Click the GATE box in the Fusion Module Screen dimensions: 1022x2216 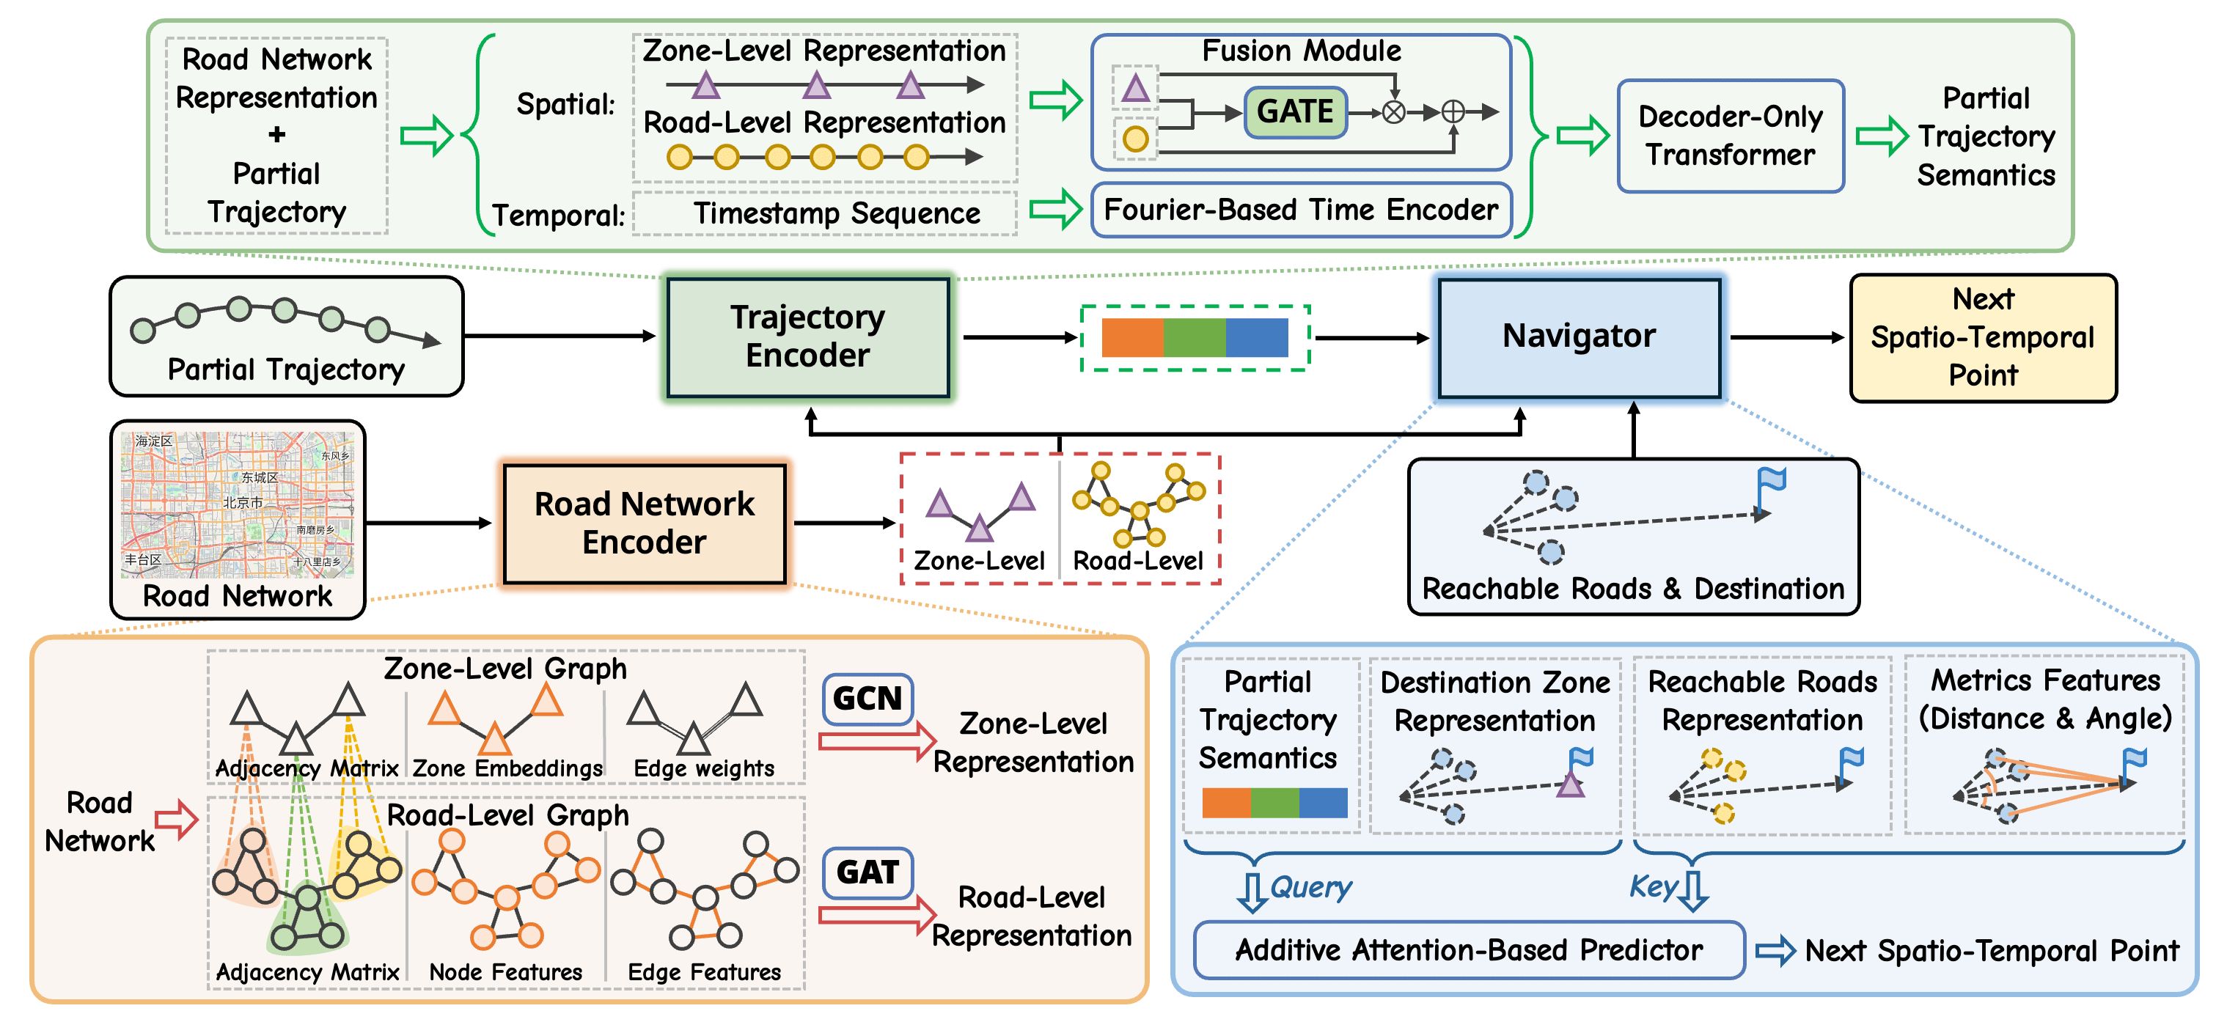point(1295,112)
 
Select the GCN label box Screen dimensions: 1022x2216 point(867,699)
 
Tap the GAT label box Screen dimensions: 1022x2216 point(867,872)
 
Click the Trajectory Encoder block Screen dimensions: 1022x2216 point(808,337)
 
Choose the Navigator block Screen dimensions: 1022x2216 point(1579,337)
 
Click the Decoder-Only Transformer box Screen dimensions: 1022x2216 point(1730,136)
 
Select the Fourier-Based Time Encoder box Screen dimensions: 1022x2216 point(1301,210)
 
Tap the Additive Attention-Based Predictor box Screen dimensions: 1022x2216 point(1469,949)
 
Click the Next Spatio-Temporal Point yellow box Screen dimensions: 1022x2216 point(1983,337)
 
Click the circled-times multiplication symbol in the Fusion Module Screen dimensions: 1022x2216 point(1393,112)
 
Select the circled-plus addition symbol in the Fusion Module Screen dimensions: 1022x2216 point(1453,112)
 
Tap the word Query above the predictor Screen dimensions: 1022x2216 point(1310,887)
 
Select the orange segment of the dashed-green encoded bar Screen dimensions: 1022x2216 point(1132,337)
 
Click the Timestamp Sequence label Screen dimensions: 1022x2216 point(836,213)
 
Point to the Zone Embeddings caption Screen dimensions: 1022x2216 point(507,768)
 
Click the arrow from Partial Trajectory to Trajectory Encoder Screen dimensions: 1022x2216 point(559,337)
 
